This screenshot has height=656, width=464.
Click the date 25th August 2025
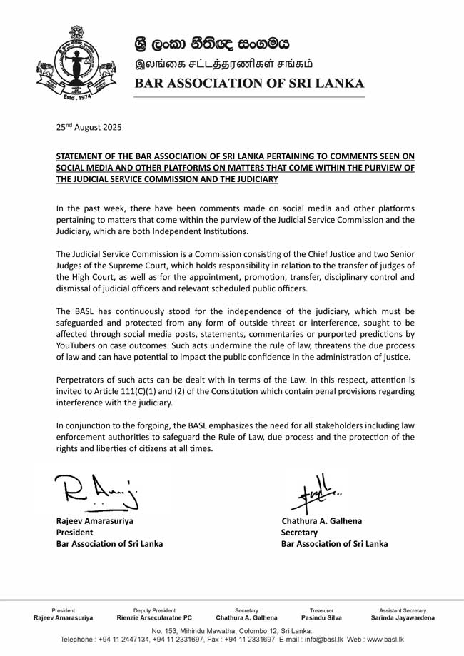point(89,128)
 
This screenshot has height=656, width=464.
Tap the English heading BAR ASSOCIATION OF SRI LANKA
point(250,83)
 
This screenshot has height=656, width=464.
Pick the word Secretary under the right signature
point(300,532)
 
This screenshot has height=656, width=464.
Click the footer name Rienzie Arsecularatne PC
point(154,618)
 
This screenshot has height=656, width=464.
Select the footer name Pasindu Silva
point(321,618)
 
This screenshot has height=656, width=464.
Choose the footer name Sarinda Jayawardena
point(403,618)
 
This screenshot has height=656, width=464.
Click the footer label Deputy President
point(154,610)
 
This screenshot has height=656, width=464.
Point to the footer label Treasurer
point(321,610)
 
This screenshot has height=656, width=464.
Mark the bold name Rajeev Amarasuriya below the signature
point(95,520)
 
